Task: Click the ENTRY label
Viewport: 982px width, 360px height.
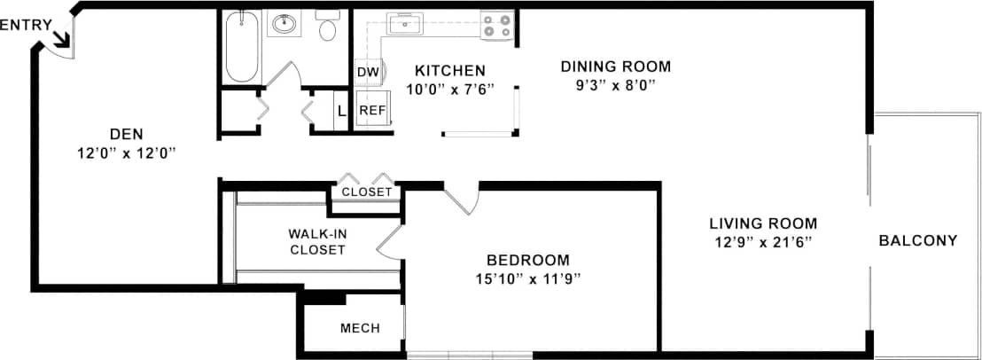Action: pyautogui.click(x=25, y=26)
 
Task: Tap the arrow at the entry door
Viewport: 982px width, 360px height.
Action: pyautogui.click(x=61, y=39)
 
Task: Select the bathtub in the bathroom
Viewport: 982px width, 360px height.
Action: pyautogui.click(x=242, y=46)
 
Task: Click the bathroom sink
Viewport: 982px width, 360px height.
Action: pyautogui.click(x=284, y=25)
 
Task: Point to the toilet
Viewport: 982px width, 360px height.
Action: pyautogui.click(x=326, y=25)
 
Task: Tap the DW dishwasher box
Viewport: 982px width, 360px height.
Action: pyautogui.click(x=368, y=72)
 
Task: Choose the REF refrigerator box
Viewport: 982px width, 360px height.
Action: pyautogui.click(x=372, y=111)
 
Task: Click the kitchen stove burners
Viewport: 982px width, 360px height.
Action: pyautogui.click(x=497, y=26)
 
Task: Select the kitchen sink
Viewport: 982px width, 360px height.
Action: pyautogui.click(x=406, y=25)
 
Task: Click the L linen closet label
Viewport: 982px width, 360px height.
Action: pyautogui.click(x=341, y=112)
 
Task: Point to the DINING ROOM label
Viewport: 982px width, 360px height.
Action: pyautogui.click(x=616, y=67)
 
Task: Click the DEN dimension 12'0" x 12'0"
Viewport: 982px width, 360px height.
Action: pyautogui.click(x=127, y=153)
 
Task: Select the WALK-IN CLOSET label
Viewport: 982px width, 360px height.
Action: pyautogui.click(x=317, y=242)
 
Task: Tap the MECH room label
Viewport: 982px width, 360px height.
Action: pyautogui.click(x=360, y=328)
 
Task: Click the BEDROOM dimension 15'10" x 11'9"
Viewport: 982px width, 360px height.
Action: pyautogui.click(x=528, y=279)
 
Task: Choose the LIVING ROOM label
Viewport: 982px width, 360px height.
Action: pyautogui.click(x=763, y=223)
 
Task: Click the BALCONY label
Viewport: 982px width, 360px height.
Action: pyautogui.click(x=918, y=240)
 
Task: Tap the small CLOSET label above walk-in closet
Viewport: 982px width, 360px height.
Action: pyautogui.click(x=367, y=192)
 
